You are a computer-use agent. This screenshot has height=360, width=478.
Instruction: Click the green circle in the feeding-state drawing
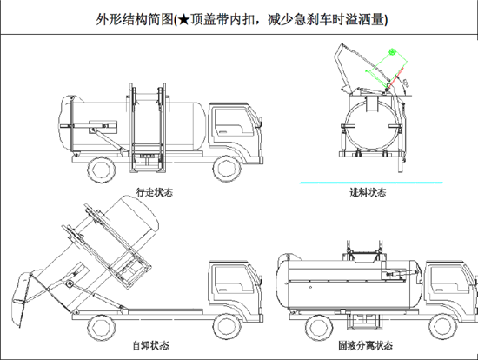pos(392,54)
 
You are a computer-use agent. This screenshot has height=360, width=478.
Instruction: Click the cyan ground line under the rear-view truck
pos(371,183)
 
